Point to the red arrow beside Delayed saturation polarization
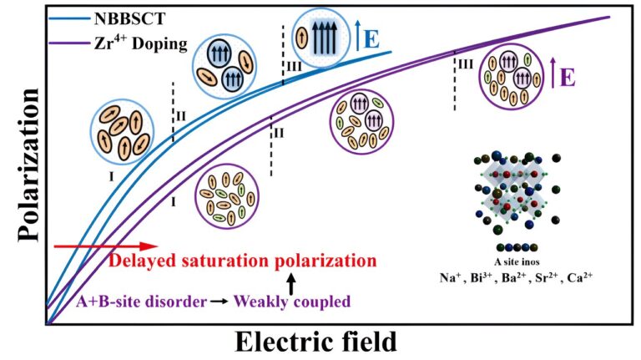[x=104, y=246]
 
